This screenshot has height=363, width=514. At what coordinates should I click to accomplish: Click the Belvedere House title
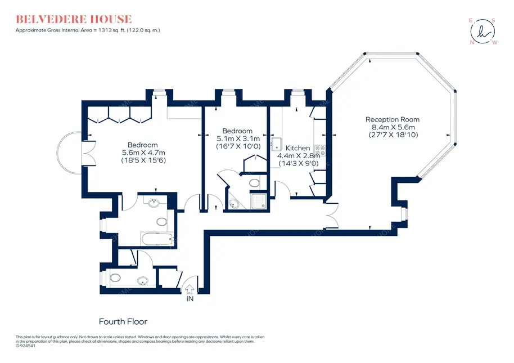(x=74, y=19)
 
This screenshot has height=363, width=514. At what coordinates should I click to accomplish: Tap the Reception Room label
(x=393, y=119)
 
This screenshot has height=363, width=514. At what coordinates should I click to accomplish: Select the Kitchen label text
(x=297, y=148)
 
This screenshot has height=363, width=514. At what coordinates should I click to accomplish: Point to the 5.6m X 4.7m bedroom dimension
(x=143, y=153)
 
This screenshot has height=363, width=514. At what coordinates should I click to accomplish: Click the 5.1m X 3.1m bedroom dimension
(x=238, y=138)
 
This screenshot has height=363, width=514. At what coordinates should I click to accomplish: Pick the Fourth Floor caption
(x=123, y=321)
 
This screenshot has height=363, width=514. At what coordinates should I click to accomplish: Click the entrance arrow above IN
(x=190, y=289)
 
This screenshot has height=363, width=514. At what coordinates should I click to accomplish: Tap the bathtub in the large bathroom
(x=157, y=239)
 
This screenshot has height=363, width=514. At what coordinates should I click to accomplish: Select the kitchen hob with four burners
(x=321, y=150)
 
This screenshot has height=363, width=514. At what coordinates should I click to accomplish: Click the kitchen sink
(x=276, y=144)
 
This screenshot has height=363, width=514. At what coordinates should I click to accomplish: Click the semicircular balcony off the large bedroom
(x=69, y=153)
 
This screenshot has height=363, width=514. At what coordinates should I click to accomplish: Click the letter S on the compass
(x=493, y=20)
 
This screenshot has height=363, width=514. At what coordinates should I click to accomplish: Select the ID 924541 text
(x=25, y=346)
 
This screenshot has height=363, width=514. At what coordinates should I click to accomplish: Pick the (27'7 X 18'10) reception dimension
(x=393, y=135)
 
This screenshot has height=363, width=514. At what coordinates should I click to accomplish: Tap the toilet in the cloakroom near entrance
(x=115, y=278)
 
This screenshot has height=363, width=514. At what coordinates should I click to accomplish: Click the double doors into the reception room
(x=332, y=216)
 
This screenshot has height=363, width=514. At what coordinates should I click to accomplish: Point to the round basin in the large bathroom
(x=154, y=203)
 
